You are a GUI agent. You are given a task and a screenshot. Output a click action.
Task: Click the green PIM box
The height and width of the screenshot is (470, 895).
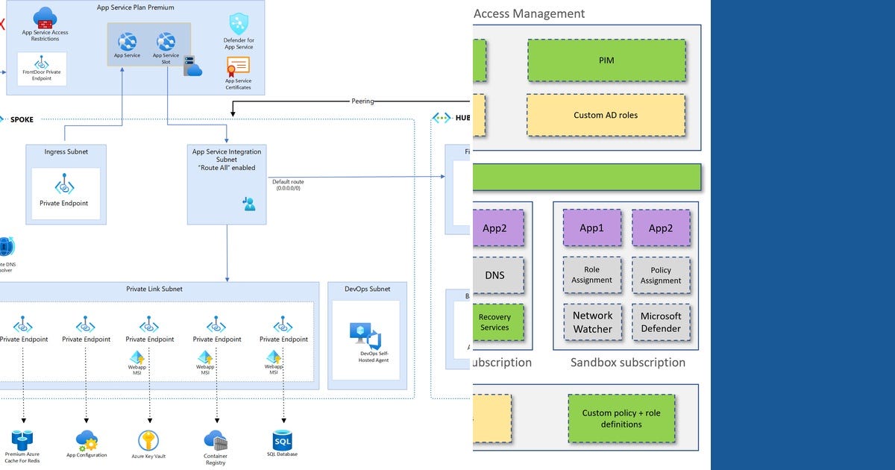[606, 60]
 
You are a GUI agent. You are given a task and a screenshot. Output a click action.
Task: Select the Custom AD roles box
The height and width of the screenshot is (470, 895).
[606, 115]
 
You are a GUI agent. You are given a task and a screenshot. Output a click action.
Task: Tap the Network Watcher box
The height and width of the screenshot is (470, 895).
[592, 322]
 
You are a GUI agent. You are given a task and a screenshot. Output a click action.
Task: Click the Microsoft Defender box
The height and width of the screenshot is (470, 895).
[660, 322]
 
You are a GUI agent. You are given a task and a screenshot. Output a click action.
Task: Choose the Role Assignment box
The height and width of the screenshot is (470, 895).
[592, 275]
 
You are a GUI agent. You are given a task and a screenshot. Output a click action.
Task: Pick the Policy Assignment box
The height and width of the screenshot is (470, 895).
[660, 275]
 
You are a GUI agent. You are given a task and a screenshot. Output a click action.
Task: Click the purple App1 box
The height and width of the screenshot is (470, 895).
[591, 228]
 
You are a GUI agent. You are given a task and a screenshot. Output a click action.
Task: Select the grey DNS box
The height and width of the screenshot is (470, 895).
[495, 275]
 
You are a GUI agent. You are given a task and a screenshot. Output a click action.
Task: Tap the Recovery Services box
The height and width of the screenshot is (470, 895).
[495, 322]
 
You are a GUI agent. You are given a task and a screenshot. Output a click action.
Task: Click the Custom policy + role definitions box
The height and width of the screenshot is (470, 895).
[621, 419]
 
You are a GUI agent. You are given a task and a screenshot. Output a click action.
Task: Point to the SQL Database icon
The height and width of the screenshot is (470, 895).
[283, 440]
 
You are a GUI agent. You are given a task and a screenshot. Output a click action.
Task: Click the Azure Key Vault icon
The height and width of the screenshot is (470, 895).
[148, 440]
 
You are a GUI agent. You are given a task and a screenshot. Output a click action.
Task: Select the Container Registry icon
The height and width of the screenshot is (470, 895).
[216, 439]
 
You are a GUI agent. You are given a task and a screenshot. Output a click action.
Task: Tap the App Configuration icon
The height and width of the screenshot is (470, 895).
[87, 439]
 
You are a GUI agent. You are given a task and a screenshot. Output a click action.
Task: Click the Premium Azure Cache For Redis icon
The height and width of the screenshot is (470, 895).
[22, 439]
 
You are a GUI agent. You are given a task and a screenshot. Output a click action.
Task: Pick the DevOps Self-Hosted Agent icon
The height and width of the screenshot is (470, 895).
[365, 336]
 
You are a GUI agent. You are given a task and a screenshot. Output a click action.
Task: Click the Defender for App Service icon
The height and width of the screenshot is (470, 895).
[239, 23]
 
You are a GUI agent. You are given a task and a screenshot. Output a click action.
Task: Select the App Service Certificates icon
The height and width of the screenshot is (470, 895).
[238, 66]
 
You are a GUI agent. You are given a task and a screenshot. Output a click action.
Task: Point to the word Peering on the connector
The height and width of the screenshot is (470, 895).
[363, 101]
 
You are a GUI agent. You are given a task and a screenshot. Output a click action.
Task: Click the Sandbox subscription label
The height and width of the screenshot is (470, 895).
[627, 363]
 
